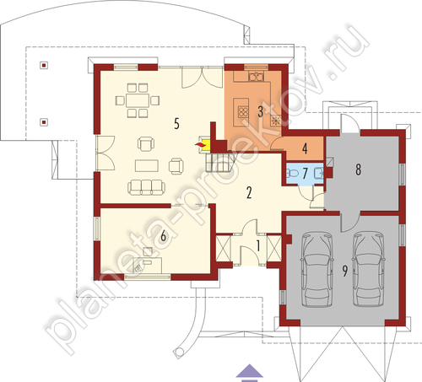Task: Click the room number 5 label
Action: [176, 124]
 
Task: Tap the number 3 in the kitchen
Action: [261, 111]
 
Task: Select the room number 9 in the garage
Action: [345, 271]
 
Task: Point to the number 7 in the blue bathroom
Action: [306, 174]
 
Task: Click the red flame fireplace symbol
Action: [199, 144]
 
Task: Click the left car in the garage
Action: [317, 269]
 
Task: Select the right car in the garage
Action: [370, 269]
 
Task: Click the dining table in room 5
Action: [138, 100]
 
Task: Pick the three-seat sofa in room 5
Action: [146, 188]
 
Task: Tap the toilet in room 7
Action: [292, 173]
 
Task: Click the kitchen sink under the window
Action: [256, 76]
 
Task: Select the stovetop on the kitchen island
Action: [243, 112]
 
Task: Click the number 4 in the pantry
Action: [305, 148]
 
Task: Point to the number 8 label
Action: [358, 169]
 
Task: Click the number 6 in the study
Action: [163, 236]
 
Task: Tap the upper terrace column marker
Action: [44, 66]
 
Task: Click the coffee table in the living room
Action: [147, 165]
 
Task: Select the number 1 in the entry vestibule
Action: [258, 246]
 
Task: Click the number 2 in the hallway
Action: [249, 193]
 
